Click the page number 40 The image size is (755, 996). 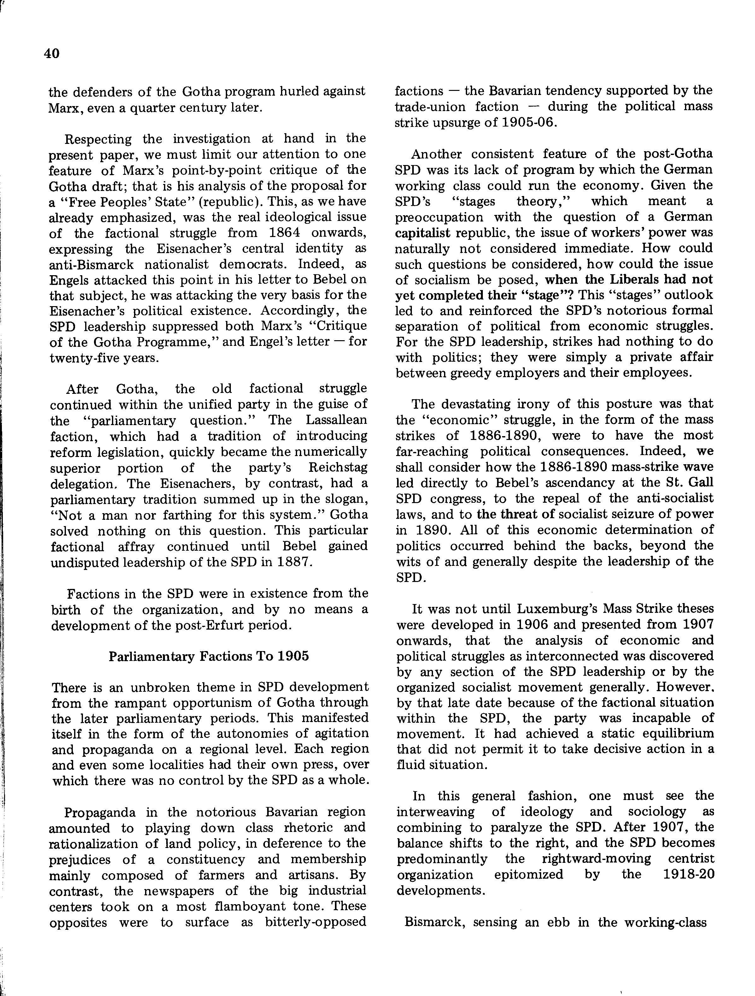click(52, 54)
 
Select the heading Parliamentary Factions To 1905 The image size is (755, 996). click(209, 656)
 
